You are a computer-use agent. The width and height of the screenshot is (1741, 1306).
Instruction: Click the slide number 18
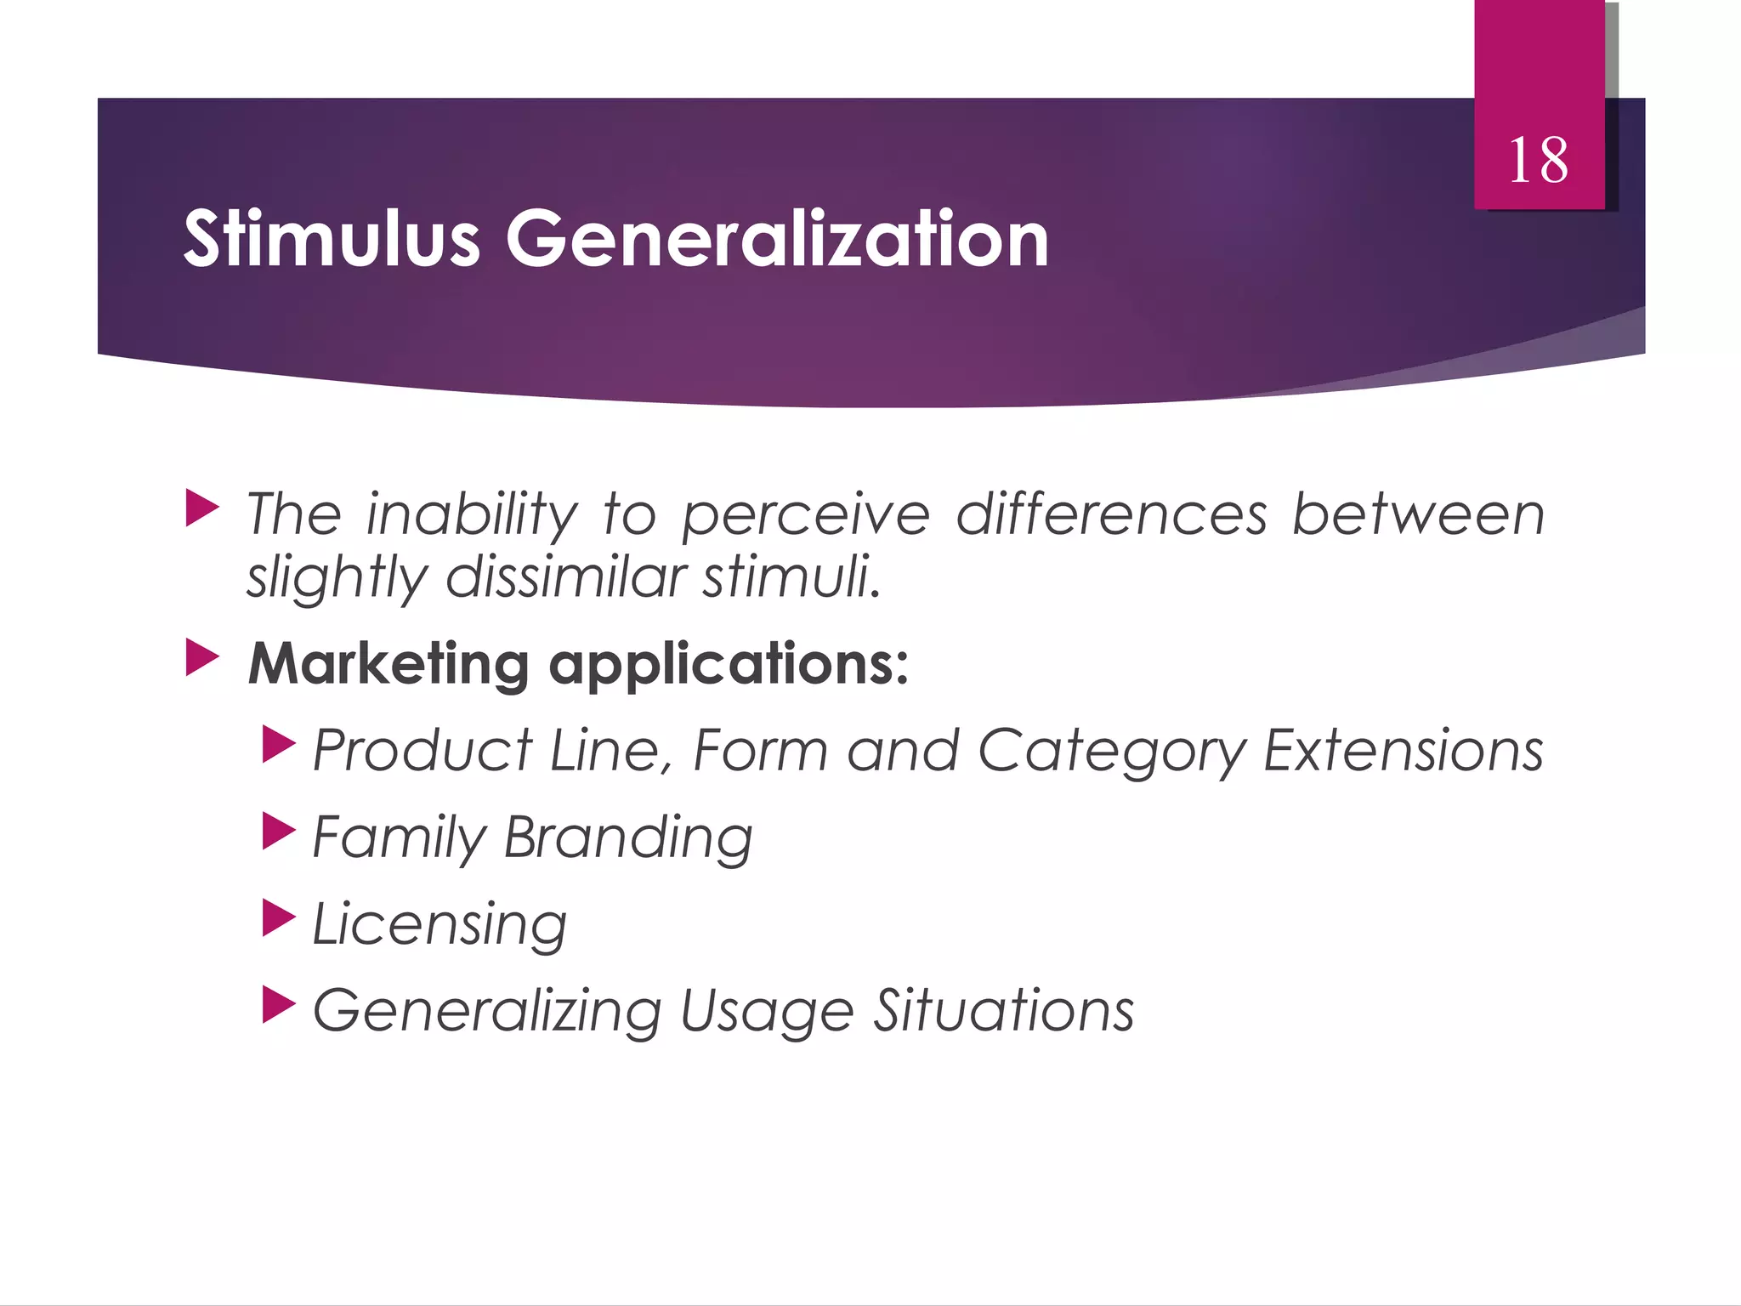click(x=1538, y=161)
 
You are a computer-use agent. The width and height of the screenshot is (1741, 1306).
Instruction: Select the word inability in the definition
click(x=472, y=515)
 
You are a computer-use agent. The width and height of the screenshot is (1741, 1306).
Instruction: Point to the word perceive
click(x=806, y=517)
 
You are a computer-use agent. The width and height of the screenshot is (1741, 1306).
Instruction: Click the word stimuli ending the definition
click(x=791, y=577)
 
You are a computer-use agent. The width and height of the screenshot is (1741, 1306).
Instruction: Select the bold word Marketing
click(x=388, y=664)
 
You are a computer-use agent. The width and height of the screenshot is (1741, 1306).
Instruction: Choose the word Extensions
click(x=1403, y=751)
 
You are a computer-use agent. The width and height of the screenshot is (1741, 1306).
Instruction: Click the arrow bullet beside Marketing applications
click(x=202, y=659)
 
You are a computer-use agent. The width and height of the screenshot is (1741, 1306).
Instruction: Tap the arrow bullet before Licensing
click(x=279, y=918)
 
